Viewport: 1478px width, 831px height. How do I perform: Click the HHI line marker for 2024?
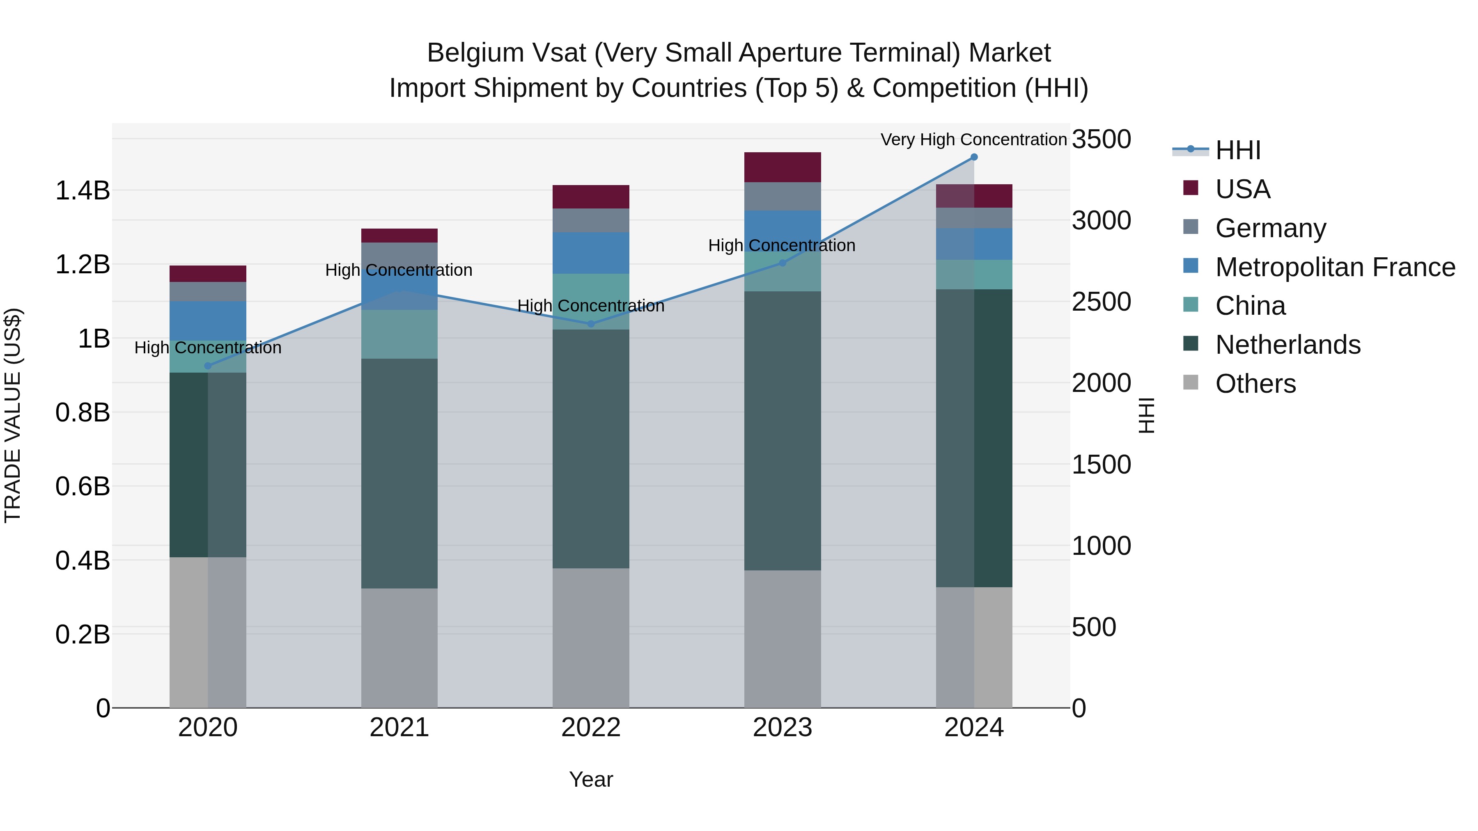point(974,157)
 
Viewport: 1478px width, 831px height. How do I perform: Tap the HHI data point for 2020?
point(208,366)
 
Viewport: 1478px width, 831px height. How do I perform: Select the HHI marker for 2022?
point(591,324)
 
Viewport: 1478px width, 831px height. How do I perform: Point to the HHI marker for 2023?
point(783,263)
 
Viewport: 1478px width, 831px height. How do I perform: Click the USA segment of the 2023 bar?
point(783,167)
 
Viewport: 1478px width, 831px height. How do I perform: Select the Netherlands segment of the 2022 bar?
point(591,449)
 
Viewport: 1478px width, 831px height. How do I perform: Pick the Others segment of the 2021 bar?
point(399,648)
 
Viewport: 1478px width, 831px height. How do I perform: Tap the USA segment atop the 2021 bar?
point(399,236)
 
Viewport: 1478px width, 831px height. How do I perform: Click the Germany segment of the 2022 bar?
point(591,220)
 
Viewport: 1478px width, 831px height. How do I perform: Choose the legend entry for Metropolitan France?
point(1335,267)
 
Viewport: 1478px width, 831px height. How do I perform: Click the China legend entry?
point(1250,306)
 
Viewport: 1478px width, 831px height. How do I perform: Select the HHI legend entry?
point(1237,150)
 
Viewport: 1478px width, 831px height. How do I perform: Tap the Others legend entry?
point(1255,384)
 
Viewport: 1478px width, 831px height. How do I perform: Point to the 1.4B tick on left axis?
point(83,190)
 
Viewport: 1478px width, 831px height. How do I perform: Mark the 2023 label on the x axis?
point(783,728)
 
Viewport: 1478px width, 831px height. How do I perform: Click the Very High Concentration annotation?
point(974,140)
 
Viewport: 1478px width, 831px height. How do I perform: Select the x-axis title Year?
point(591,779)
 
